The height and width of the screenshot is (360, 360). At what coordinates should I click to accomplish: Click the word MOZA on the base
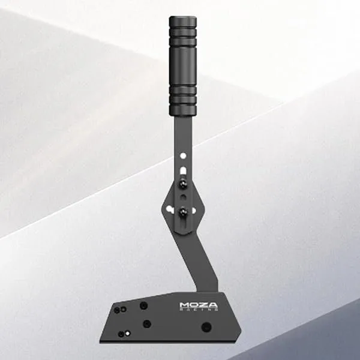coord(199,305)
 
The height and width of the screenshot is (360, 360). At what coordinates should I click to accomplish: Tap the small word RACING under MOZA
coord(199,312)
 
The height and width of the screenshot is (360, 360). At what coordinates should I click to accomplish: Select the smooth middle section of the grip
coord(182,66)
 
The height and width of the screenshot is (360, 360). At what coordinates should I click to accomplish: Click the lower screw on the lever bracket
coord(182,210)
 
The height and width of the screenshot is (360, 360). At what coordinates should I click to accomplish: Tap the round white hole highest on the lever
coord(184,155)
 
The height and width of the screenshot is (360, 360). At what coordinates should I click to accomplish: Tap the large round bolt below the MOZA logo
coord(206,327)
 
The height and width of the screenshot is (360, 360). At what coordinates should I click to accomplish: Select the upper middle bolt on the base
coord(143,305)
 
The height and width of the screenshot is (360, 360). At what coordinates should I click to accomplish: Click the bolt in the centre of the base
coord(146,324)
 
